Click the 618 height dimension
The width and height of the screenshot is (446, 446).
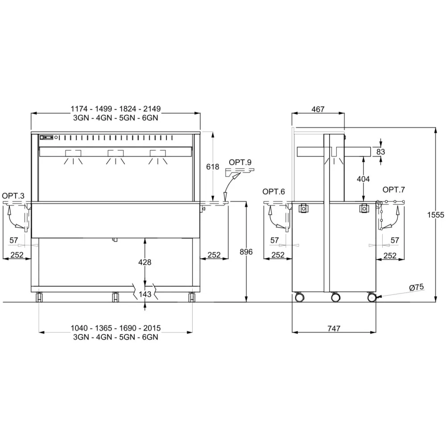point(212,167)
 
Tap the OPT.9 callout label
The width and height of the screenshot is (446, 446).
point(240,162)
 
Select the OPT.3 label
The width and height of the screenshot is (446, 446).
point(13,196)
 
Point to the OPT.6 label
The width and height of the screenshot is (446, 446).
point(274,192)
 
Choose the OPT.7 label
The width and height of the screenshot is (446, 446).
point(394,190)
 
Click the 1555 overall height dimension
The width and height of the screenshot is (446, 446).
point(435,215)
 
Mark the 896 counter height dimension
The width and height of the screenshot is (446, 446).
point(246,252)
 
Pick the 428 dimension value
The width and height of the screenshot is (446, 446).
point(145,262)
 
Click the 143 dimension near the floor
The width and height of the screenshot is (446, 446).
point(145,294)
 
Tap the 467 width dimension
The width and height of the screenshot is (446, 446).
point(318,109)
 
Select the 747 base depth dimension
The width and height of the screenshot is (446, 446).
point(334,329)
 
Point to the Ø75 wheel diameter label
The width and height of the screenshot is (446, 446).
point(417,288)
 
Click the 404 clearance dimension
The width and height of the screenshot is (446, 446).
point(363,179)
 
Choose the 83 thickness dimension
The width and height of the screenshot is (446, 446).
point(380,152)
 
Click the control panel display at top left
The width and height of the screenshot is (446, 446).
point(47,137)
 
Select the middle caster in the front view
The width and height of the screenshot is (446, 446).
point(115,297)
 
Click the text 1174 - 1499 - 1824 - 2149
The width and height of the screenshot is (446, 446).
point(116,109)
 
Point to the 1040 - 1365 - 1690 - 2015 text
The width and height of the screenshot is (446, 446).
point(116,328)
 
